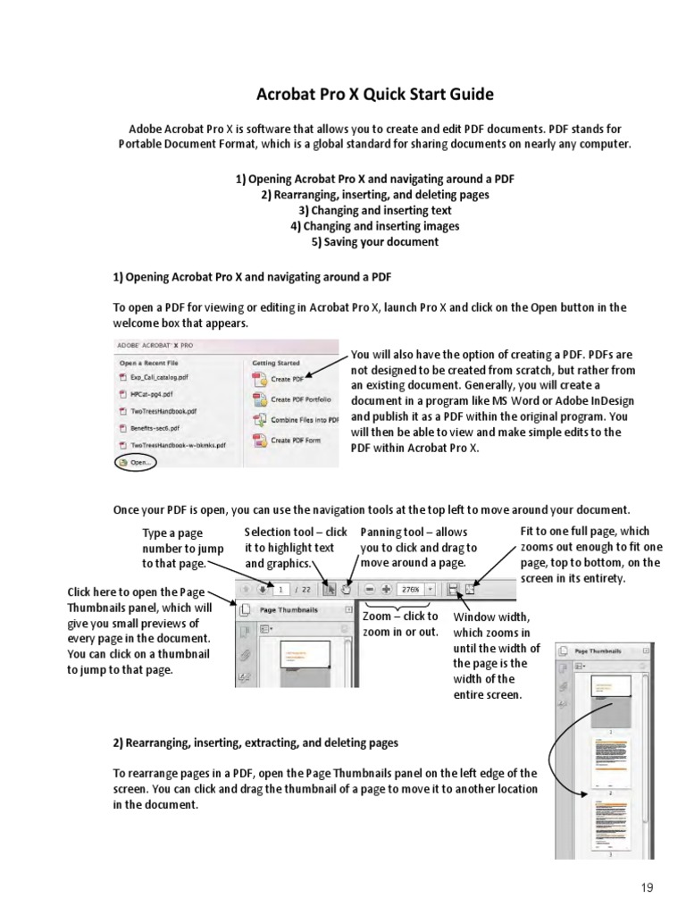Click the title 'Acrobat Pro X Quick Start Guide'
click(374, 95)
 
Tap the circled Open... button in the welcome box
click(135, 462)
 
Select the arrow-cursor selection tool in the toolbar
click(328, 589)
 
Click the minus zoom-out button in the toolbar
click(370, 589)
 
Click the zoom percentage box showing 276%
click(410, 589)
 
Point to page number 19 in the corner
click(648, 887)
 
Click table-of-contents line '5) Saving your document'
click(374, 242)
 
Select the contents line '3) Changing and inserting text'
click(374, 210)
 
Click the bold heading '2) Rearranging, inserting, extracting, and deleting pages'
click(255, 743)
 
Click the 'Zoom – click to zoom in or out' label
click(401, 624)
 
